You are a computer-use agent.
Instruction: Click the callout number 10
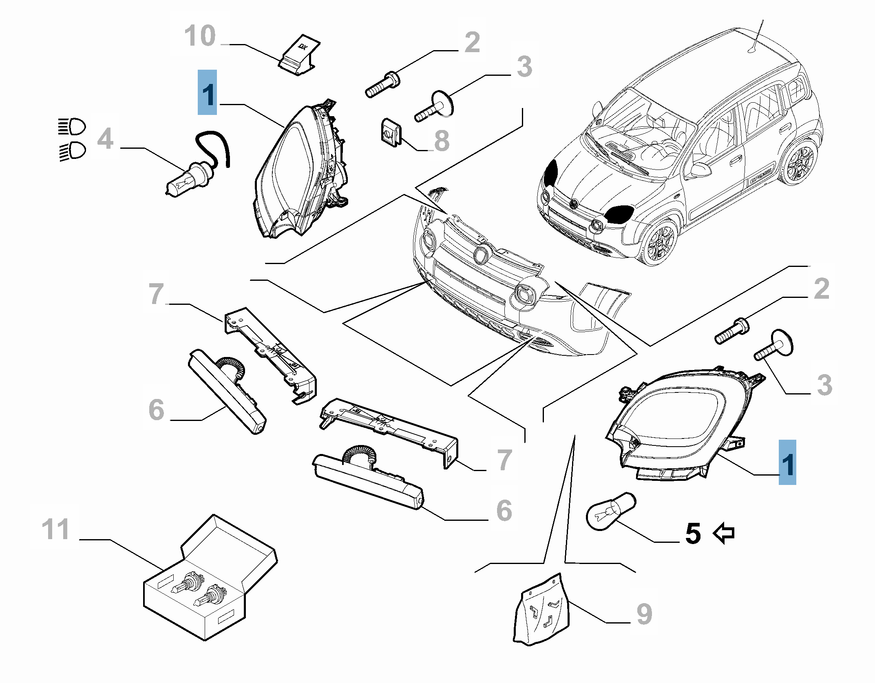[x=200, y=36]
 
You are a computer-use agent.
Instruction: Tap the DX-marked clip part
[x=300, y=55]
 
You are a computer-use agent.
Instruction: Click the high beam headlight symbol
[x=73, y=127]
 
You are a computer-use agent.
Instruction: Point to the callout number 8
[x=442, y=141]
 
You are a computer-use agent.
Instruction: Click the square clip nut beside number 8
[x=391, y=132]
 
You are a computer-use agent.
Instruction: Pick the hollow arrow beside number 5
[x=724, y=533]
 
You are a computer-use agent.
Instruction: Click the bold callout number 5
[x=693, y=534]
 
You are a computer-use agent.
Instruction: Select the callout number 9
[x=644, y=614]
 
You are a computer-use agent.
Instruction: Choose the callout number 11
[x=55, y=529]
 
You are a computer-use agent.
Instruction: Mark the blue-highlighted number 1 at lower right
[x=787, y=463]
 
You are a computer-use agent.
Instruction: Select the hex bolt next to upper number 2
[x=382, y=85]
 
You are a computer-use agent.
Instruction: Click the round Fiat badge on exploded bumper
[x=482, y=254]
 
